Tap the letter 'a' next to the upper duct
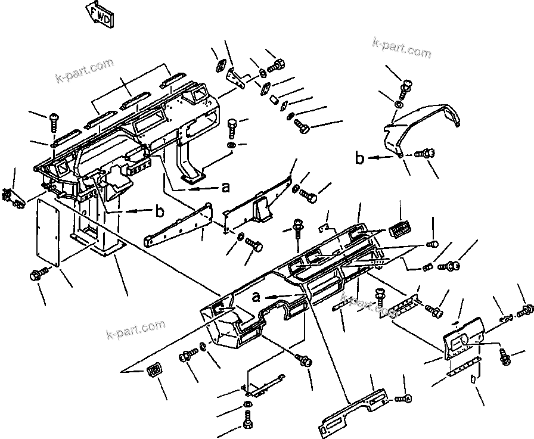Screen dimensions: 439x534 (x=225, y=187)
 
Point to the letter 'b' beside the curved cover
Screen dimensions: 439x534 (x=359, y=158)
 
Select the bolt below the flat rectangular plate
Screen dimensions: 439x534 (x=38, y=274)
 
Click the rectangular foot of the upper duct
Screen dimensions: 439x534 (x=194, y=176)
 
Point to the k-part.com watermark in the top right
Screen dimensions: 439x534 (x=401, y=49)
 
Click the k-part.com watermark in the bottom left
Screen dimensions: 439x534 (x=135, y=328)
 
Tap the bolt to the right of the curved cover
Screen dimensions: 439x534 (x=424, y=154)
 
